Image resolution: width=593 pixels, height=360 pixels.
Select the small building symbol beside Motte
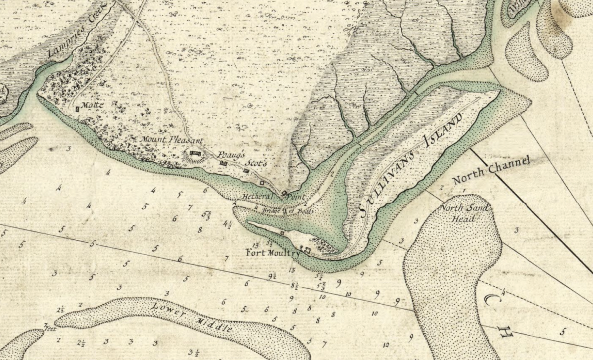tap(78, 108)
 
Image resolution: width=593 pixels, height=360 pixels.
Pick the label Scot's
tap(256, 163)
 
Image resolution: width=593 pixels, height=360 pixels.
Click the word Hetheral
tap(255, 197)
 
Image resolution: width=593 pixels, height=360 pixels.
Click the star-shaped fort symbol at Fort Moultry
tap(307, 250)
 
